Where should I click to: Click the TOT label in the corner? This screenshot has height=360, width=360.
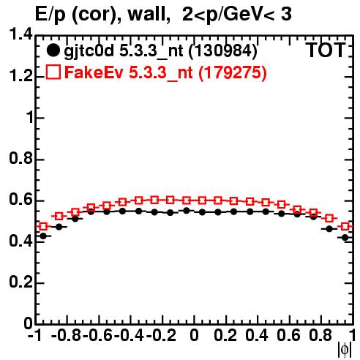click(x=326, y=50)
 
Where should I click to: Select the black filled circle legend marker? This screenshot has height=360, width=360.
click(x=53, y=50)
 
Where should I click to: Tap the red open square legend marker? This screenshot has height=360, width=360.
click(x=53, y=72)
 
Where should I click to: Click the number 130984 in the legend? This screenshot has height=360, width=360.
click(x=223, y=50)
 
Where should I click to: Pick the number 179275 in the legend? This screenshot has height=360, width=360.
click(x=233, y=72)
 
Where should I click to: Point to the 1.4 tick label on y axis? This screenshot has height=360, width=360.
click(x=20, y=34)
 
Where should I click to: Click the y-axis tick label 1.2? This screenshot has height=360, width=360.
click(x=20, y=76)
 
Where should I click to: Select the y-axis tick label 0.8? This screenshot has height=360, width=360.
click(x=20, y=159)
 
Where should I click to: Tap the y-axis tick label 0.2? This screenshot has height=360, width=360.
click(x=20, y=282)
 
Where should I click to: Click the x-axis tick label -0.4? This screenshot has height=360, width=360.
click(x=129, y=335)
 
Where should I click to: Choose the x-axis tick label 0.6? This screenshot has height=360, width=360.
click(x=288, y=335)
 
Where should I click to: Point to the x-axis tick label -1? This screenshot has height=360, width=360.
click(x=34, y=335)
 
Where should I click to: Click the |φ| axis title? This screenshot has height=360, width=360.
click(x=345, y=350)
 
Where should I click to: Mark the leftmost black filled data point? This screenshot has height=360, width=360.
click(x=43, y=236)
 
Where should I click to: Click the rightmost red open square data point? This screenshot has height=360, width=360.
click(x=345, y=226)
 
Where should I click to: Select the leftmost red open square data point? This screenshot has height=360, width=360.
click(x=43, y=227)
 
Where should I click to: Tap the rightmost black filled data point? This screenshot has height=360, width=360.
click(x=345, y=237)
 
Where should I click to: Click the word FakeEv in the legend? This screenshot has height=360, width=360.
click(x=94, y=72)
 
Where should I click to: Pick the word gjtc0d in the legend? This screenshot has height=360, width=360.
click(x=89, y=51)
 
